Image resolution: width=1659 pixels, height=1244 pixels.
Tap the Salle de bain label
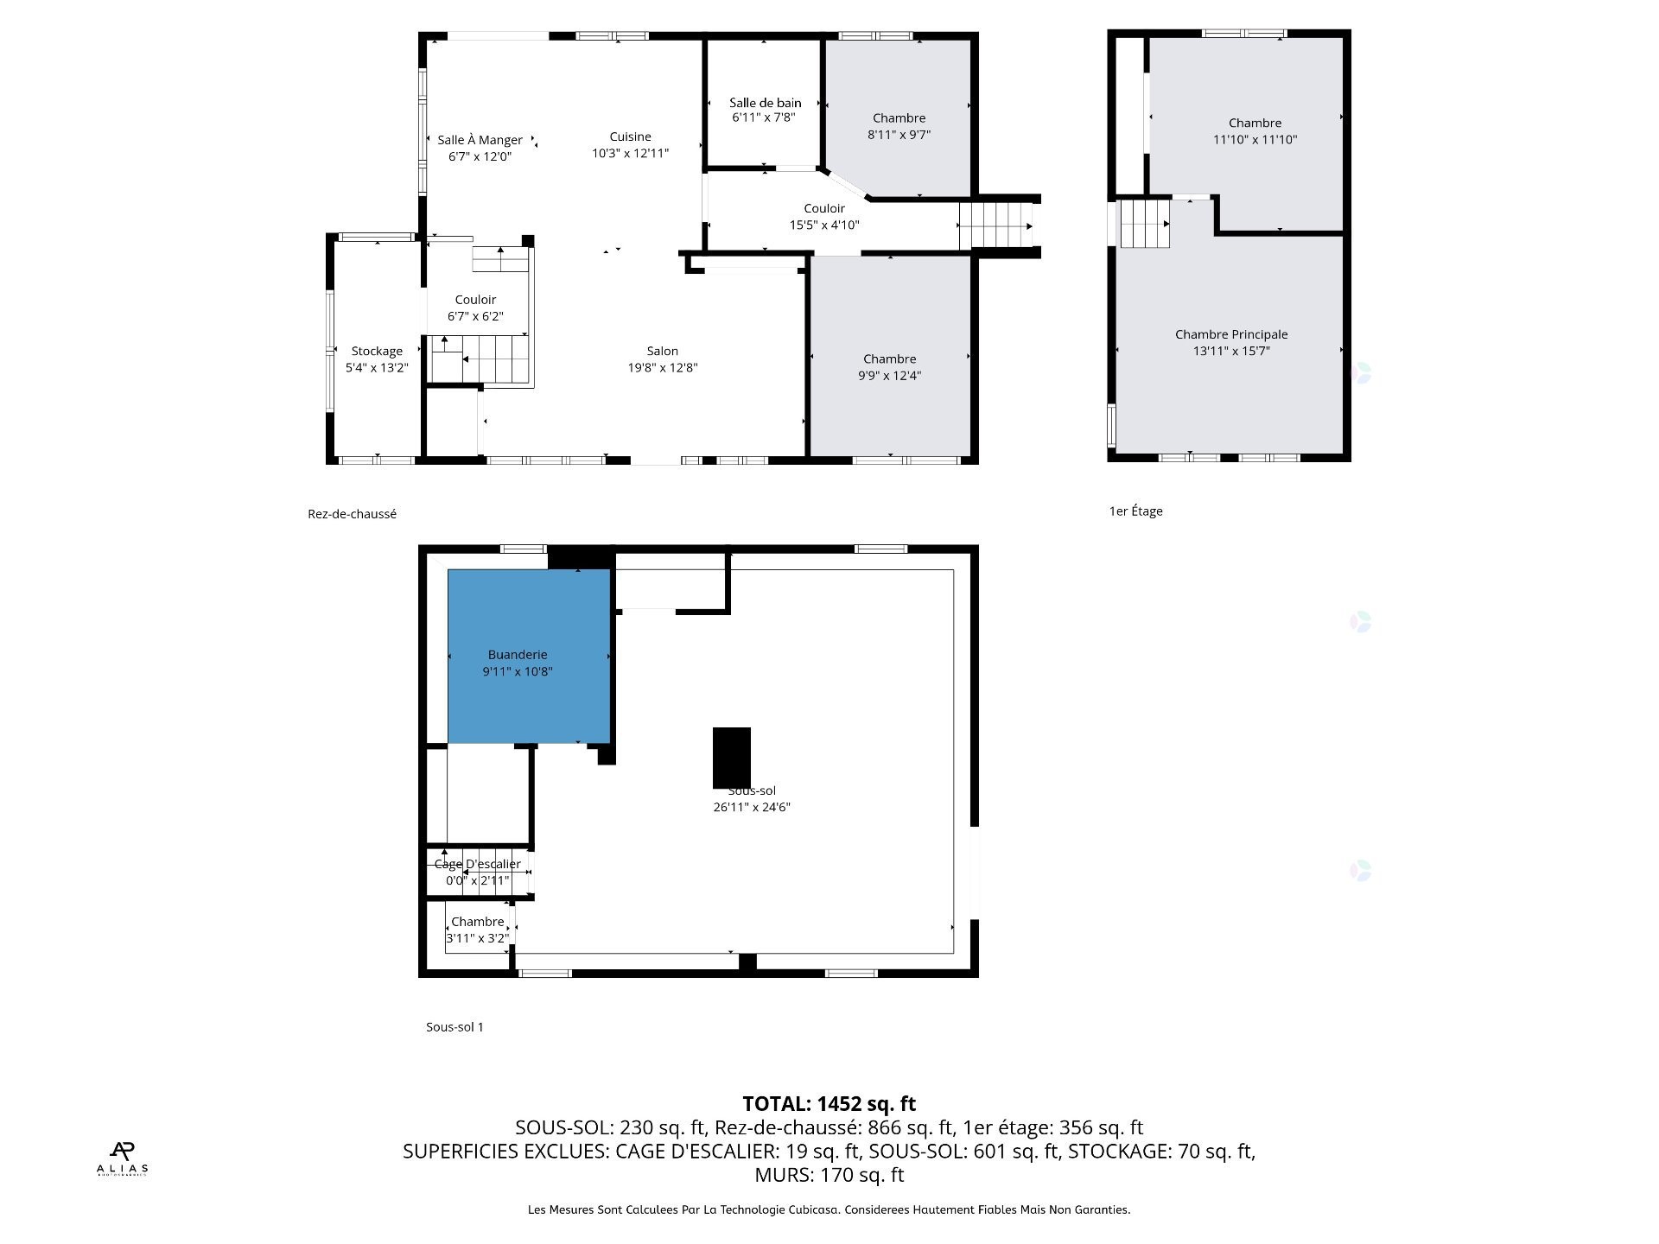click(765, 103)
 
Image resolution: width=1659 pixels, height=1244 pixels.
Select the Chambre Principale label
click(1230, 334)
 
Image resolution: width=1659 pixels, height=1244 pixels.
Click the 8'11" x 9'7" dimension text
click(899, 135)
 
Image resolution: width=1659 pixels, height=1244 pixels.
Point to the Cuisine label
click(630, 136)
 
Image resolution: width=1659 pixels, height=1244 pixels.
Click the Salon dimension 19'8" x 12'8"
click(662, 367)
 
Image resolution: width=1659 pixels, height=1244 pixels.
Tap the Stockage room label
click(377, 351)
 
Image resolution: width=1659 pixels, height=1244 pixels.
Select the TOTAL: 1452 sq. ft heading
click(829, 1103)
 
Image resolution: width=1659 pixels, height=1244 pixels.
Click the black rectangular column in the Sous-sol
click(731, 757)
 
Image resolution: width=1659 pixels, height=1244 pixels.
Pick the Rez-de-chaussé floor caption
click(352, 514)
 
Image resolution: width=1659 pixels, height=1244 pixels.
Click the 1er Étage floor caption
click(1135, 511)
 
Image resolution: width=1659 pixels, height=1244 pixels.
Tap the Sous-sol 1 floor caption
click(454, 1027)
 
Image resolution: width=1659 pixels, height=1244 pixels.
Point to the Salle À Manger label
click(480, 140)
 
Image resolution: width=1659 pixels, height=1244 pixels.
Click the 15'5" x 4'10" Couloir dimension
click(823, 225)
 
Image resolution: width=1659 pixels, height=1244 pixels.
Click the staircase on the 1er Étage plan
click(1144, 223)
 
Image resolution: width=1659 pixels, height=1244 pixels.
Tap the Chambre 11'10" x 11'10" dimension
click(1255, 139)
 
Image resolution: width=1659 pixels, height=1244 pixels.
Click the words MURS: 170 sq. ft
click(829, 1175)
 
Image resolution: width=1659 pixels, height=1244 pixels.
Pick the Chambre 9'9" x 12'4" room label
click(889, 359)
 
